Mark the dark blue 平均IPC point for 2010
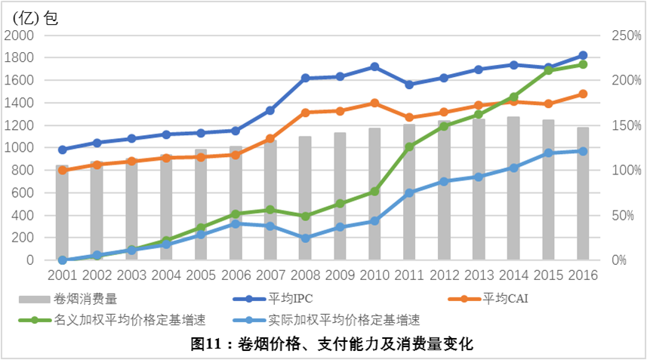(374, 66)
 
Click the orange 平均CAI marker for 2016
(583, 94)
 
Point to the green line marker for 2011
(409, 147)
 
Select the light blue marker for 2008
(305, 238)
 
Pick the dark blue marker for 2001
(63, 149)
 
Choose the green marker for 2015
(548, 70)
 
